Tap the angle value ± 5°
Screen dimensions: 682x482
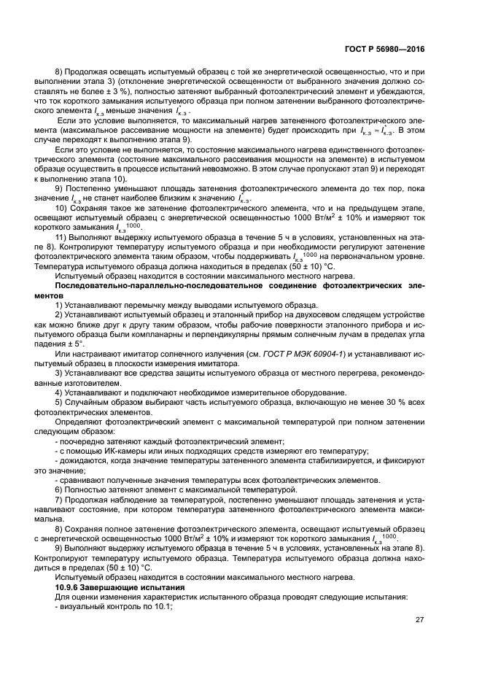pos(74,344)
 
